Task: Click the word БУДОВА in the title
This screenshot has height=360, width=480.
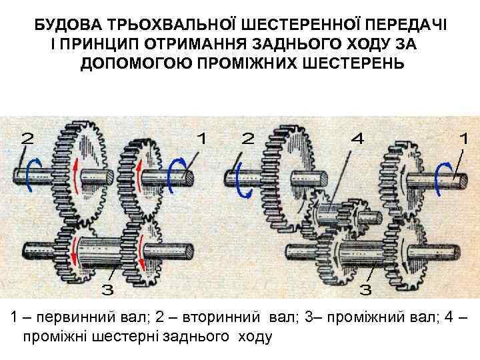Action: tap(64, 25)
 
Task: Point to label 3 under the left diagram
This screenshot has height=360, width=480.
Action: tap(107, 289)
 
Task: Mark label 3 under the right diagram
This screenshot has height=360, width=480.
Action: tap(365, 289)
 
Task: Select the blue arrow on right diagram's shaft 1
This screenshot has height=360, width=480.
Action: tap(441, 176)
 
